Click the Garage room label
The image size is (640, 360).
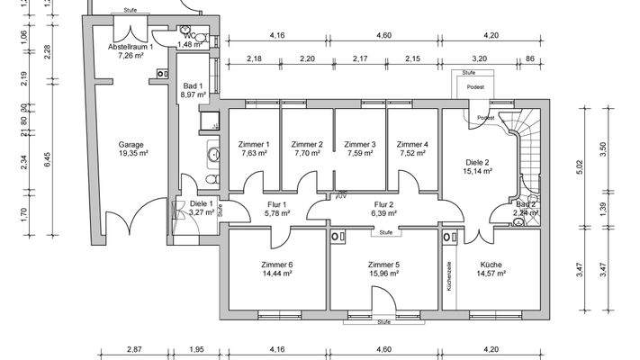pos(131,144)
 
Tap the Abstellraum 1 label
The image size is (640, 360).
pos(131,45)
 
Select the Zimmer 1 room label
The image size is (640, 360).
pos(254,144)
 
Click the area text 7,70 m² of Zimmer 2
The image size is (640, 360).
pos(307,153)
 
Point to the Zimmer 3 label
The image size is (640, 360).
pos(361,144)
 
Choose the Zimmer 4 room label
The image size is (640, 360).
pos(412,144)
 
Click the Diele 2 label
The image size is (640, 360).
pos(476,163)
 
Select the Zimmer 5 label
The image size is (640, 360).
pos(383,264)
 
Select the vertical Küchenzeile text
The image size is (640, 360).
pos(448,275)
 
